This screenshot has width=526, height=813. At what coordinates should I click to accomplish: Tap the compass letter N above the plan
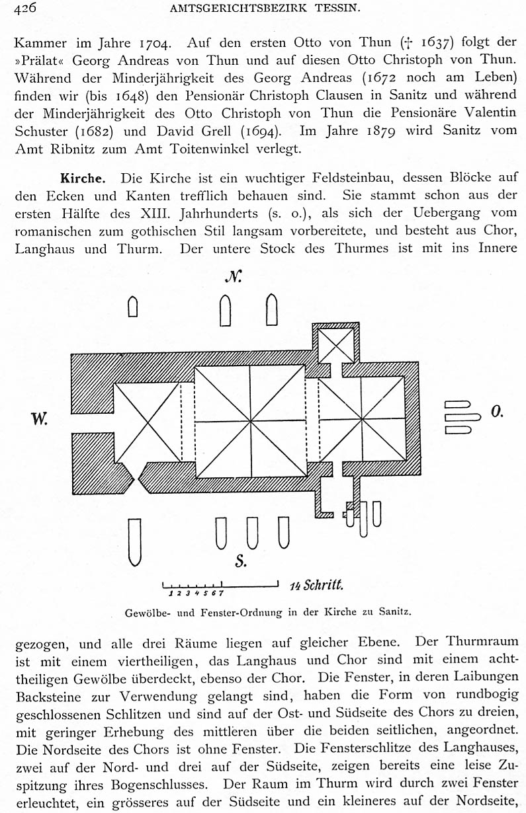coord(232,277)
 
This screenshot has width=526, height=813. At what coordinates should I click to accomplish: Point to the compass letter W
coord(39,418)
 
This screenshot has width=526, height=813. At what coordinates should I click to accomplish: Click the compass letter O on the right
coord(497,412)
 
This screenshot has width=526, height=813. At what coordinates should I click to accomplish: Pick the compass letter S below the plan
coord(241,562)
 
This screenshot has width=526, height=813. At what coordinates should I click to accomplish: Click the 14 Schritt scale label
coord(316,585)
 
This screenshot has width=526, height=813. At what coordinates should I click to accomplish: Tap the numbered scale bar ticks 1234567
coord(195,592)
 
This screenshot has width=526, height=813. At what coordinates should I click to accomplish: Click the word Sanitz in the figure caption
coord(395,612)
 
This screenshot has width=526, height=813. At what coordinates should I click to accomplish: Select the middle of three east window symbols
coord(462,418)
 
